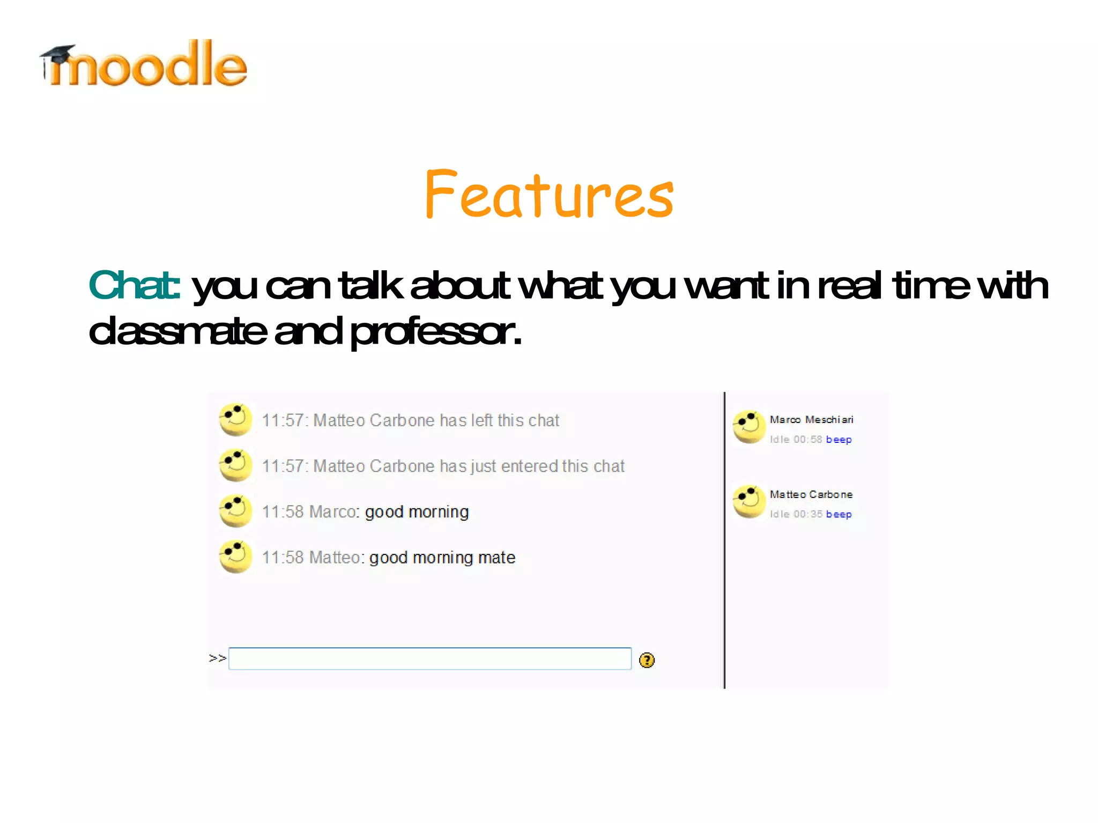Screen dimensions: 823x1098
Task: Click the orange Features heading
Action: [549, 194]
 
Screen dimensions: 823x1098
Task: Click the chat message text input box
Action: [429, 659]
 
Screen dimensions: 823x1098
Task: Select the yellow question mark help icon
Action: [647, 660]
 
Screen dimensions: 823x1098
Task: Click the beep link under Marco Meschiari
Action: [839, 440]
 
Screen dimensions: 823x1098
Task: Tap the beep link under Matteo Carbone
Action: [839, 514]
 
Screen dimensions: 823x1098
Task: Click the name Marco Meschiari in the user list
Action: [811, 420]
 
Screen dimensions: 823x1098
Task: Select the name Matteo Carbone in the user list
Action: [811, 494]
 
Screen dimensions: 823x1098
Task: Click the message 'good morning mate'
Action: [442, 558]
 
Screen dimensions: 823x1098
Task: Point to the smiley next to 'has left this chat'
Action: [235, 420]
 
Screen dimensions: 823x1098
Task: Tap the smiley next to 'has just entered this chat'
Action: [235, 465]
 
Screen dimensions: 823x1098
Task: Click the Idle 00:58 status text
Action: [796, 440]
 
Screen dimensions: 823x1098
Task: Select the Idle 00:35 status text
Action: [796, 514]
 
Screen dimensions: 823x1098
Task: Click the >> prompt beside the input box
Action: [217, 658]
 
